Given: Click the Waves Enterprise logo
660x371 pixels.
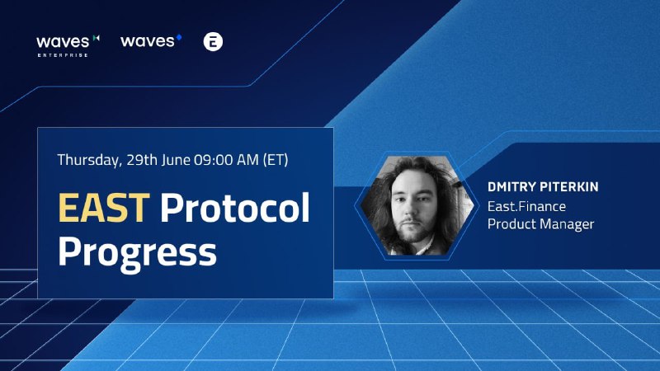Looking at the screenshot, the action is tap(68, 46).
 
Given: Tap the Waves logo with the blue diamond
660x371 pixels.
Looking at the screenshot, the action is tap(151, 40).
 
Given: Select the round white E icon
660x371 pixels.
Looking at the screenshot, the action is tap(213, 42).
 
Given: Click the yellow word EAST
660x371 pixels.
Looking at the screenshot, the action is tap(104, 208).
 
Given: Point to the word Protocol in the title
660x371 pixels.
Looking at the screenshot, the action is tap(235, 208).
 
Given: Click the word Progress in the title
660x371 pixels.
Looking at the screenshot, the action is tap(137, 252).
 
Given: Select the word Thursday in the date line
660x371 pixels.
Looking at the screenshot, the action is tap(89, 160).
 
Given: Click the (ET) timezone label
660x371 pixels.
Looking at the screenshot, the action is tap(276, 160).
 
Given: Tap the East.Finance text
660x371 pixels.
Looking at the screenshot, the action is tap(526, 207).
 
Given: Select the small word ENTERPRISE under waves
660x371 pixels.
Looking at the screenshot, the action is tap(63, 55).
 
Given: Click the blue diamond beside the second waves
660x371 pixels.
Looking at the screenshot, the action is tap(179, 37).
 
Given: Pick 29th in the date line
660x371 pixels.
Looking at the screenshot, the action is tap(141, 160).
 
